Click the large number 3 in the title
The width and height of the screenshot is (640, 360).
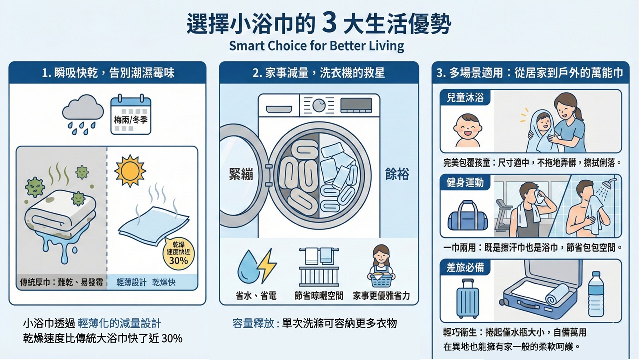point(329,24)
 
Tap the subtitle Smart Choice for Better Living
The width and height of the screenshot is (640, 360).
point(316,46)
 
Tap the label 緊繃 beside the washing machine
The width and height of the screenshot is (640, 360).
point(241,174)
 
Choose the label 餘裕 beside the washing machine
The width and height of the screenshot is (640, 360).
point(397,174)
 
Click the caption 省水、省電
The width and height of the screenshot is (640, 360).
point(256,295)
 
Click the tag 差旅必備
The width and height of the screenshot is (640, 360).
point(465,267)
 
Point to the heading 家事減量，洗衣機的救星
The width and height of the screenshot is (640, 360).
point(319,73)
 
